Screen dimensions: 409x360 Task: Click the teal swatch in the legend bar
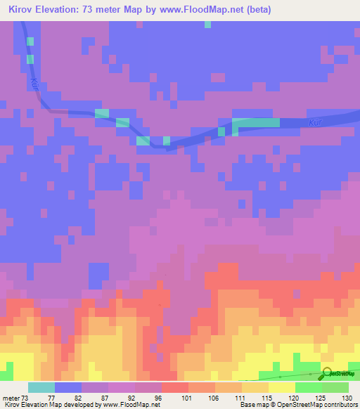point(41,387)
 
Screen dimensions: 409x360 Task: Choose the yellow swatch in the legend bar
point(281,387)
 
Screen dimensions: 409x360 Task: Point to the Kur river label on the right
point(316,122)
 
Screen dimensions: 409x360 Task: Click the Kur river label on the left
point(34,84)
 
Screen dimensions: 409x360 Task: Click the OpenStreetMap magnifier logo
point(328,375)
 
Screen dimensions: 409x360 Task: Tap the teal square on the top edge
point(207,24)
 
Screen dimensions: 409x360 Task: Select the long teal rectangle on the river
point(256,122)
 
